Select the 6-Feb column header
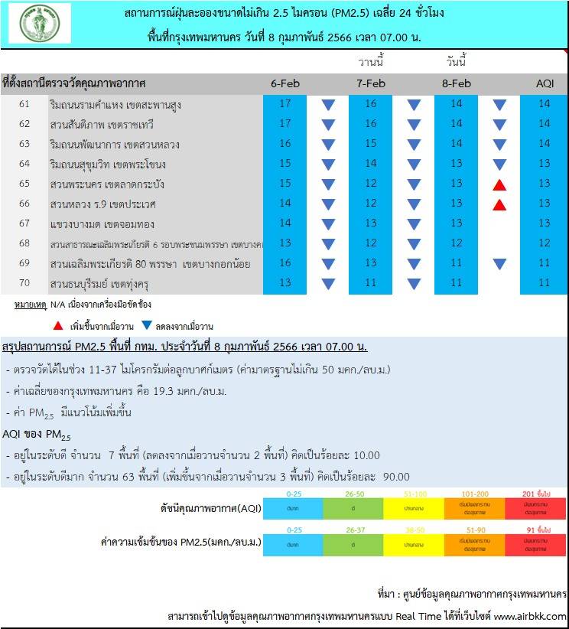coord(284,83)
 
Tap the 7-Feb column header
coord(371,83)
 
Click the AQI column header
coord(543,83)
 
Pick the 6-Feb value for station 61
coord(284,103)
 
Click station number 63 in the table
coord(24,143)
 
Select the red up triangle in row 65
coord(499,184)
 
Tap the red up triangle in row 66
coord(499,204)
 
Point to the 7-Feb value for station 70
coord(371,283)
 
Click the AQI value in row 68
coord(543,243)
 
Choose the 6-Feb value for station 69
coord(284,263)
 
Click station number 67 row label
coord(24,223)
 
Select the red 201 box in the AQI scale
coord(535,507)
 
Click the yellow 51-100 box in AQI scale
coord(414,507)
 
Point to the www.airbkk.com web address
coord(530,617)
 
